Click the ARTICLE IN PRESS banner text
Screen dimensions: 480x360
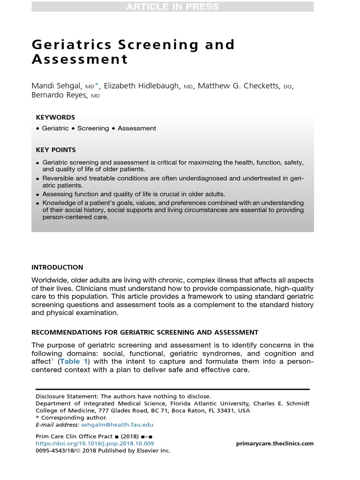pos(172,7)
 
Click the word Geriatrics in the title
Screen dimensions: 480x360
pos(70,45)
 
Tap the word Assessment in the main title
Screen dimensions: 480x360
pos(80,60)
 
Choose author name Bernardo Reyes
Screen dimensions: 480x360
pos(59,96)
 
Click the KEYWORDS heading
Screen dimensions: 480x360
pos(55,118)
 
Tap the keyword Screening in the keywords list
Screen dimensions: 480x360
pos(93,128)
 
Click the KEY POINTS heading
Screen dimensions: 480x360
pos(56,150)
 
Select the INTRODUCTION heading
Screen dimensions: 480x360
pos(57,268)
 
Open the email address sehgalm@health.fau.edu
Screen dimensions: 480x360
pos(117,425)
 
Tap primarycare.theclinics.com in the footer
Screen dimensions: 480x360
pos(275,443)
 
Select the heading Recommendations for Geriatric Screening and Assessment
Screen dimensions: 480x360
pos(144,332)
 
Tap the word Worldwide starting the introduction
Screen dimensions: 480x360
pos(51,280)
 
